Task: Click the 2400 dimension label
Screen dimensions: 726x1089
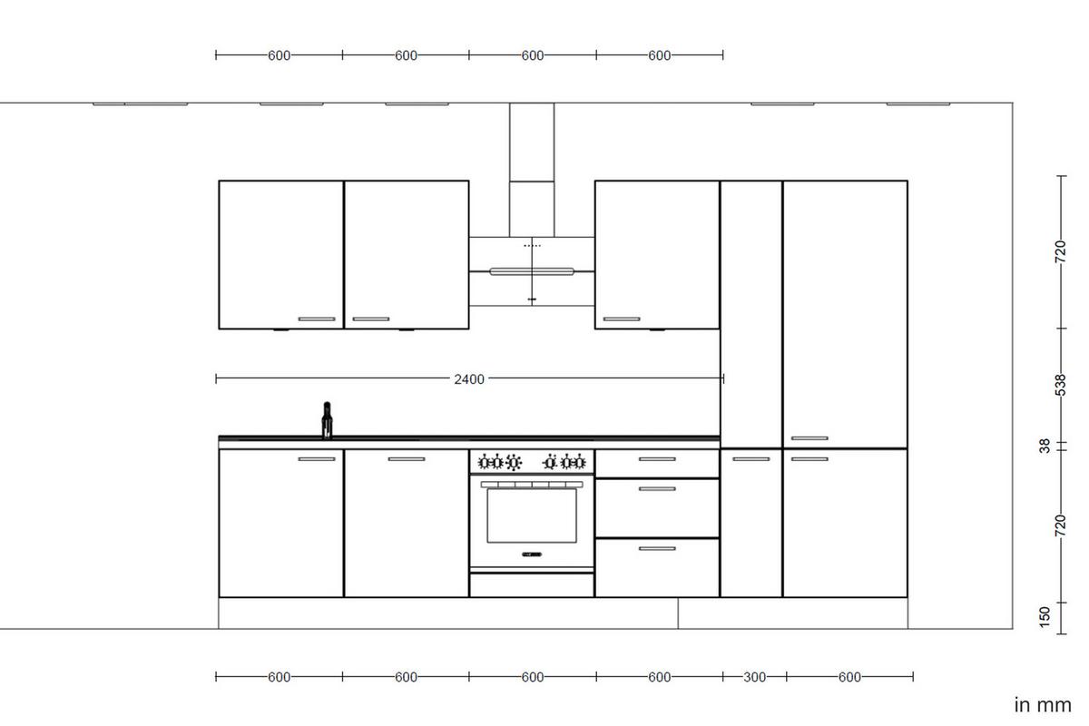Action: (469, 379)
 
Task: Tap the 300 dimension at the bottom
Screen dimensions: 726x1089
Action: (754, 677)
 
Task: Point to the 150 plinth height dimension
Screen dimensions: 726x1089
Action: (1045, 616)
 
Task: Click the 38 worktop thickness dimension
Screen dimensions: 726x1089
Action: (1045, 446)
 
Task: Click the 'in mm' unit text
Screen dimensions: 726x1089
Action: (1042, 705)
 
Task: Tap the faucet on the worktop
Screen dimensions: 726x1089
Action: (327, 422)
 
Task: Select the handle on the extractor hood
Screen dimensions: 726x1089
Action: (532, 270)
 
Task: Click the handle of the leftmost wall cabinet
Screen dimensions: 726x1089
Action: (317, 319)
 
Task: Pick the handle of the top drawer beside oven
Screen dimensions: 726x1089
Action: (657, 459)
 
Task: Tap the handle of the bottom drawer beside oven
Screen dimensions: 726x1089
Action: (657, 548)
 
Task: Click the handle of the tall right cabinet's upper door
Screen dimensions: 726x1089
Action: (809, 438)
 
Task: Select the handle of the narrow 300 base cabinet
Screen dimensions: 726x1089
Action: (751, 459)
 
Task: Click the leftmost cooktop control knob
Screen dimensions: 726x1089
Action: (484, 463)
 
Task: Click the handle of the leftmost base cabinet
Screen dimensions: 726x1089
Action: (317, 459)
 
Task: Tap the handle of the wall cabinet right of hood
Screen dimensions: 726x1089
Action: (622, 319)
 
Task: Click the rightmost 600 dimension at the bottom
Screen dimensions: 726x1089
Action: (849, 677)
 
